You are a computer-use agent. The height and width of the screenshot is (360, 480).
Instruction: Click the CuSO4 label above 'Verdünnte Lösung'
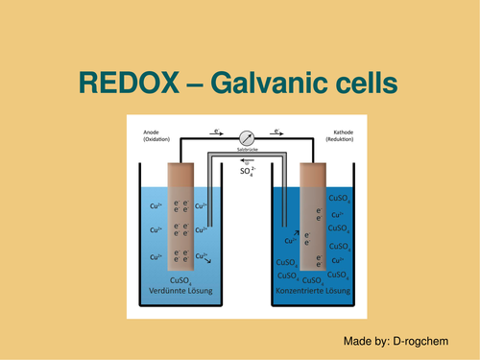click(x=180, y=279)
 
